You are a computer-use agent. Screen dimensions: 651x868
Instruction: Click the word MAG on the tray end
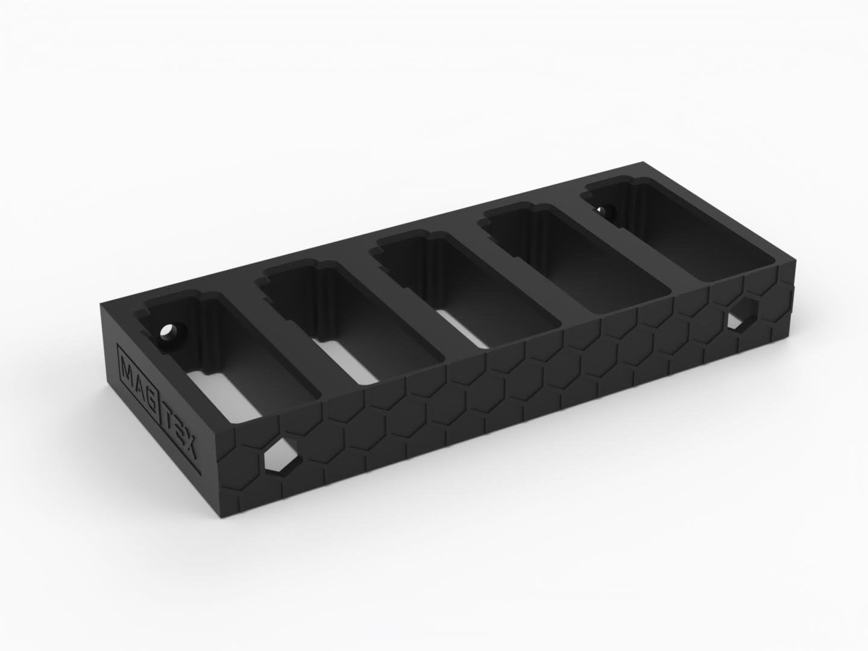click(x=128, y=374)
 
